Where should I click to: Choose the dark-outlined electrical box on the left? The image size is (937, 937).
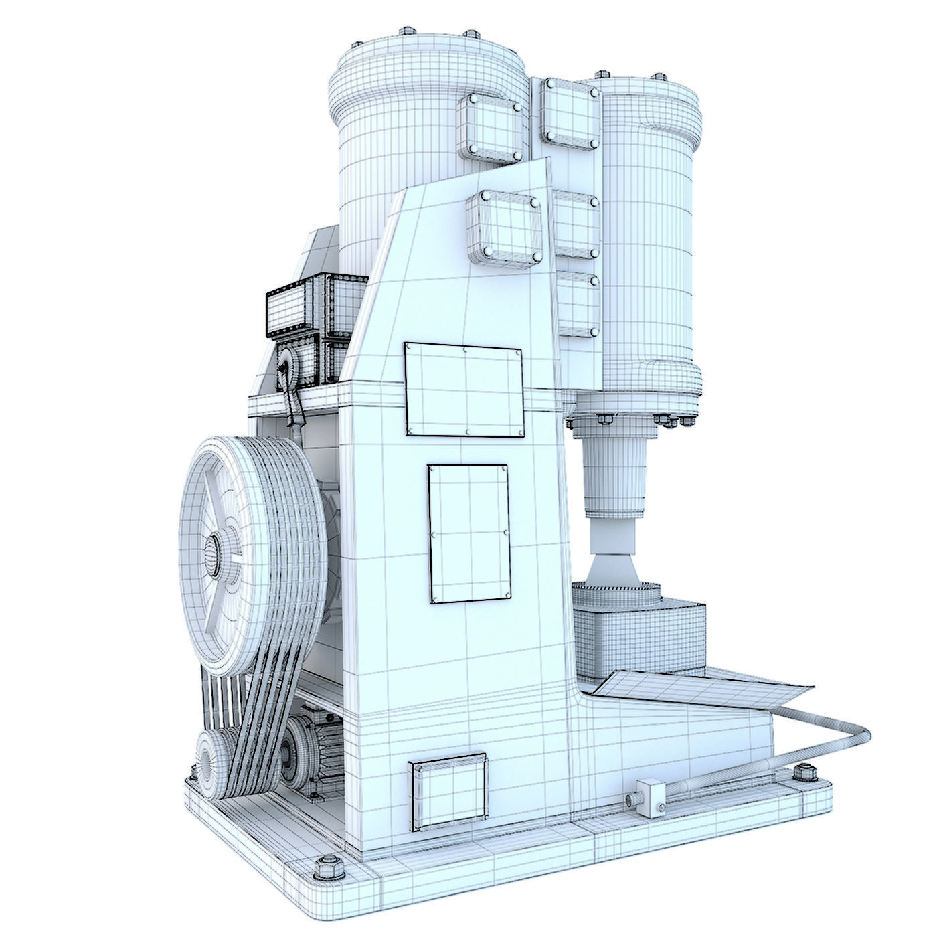tap(294, 305)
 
